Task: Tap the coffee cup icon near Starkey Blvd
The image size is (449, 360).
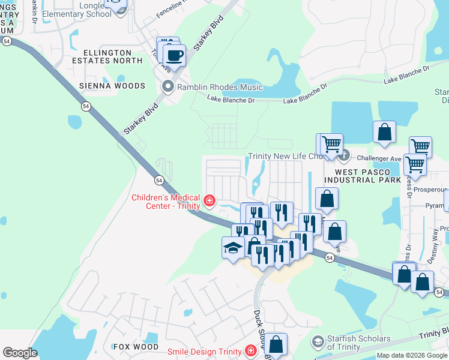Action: pos(174,56)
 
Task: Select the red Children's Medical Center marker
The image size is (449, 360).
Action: pos(209,200)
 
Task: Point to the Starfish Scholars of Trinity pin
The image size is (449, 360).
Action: pos(317,343)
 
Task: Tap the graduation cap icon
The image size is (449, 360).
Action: pos(233,247)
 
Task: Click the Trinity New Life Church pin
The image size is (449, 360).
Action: pos(343,157)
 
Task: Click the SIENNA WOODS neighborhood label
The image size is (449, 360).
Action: pos(112,86)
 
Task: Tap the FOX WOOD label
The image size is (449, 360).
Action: pos(136,347)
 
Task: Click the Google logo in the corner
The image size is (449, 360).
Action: pos(20,353)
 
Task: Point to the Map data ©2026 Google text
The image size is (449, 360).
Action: pos(412,355)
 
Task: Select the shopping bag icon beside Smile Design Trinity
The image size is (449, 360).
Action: pos(276,344)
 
